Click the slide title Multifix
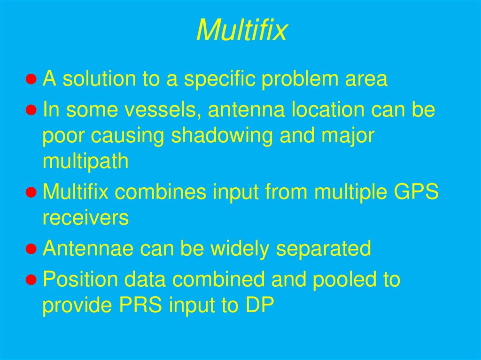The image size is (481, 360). pyautogui.click(x=241, y=31)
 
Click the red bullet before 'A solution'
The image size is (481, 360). pyautogui.click(x=31, y=79)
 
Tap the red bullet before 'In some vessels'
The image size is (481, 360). pyautogui.click(x=31, y=110)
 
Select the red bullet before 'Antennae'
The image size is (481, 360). pyautogui.click(x=31, y=248)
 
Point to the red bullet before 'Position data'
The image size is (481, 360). pyautogui.click(x=31, y=279)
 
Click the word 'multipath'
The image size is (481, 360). pyautogui.click(x=85, y=162)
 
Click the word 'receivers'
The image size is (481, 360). pyautogui.click(x=85, y=218)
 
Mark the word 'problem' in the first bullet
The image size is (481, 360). pyautogui.click(x=299, y=79)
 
